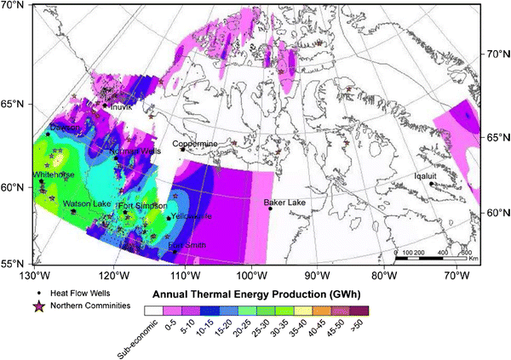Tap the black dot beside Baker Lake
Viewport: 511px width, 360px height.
pos(270,209)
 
